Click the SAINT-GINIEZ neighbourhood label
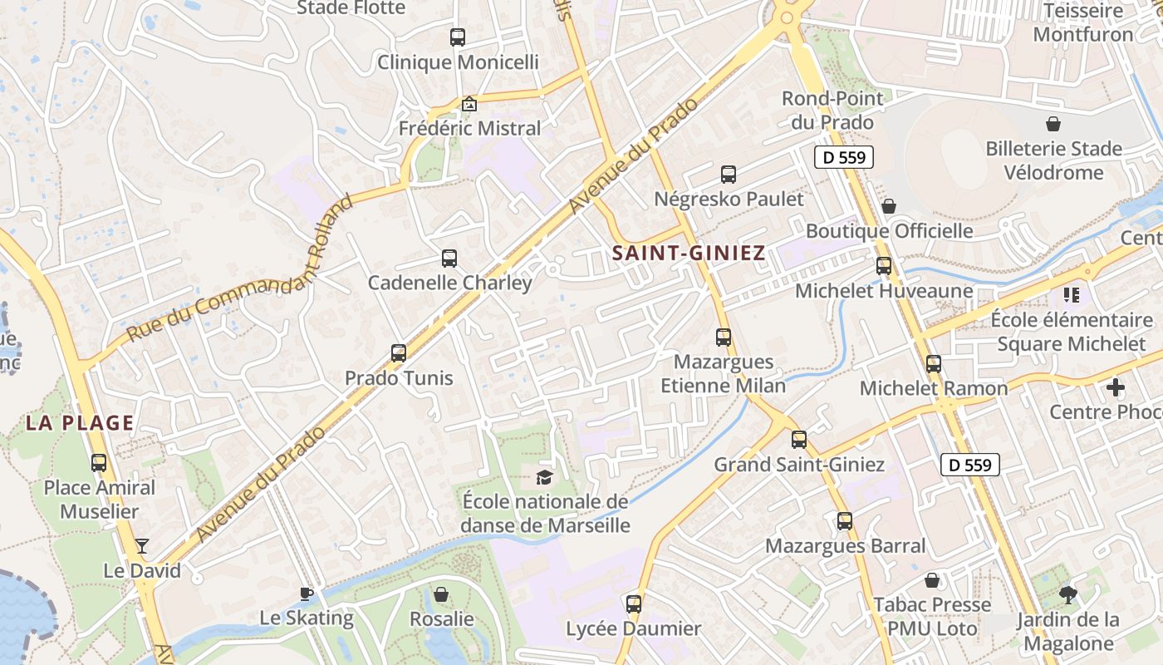coord(689,254)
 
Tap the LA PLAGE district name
coord(80,423)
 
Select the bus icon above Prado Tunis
coord(399,353)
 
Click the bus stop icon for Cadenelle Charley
coord(449,259)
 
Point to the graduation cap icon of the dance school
coord(544,477)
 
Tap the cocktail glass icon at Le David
coord(142,546)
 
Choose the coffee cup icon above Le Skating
coord(307,594)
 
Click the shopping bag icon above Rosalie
coord(441,594)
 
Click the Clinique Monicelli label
coord(459,62)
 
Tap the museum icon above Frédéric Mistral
coord(469,104)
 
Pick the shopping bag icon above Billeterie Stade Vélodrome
coord(1053,125)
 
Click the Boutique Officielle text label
coord(890,230)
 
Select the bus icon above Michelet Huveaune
coord(884,266)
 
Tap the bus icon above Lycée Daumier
coord(634,604)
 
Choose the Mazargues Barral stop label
coord(845,546)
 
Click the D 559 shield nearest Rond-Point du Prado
coord(844,157)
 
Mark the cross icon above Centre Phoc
coord(1116,387)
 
